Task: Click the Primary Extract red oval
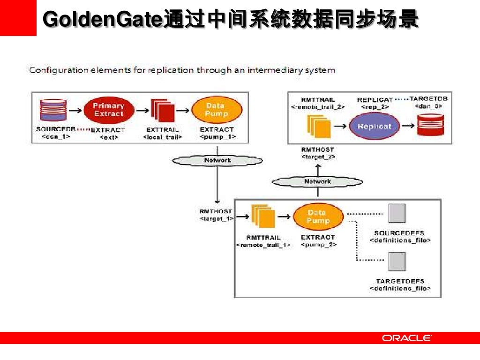(x=109, y=110)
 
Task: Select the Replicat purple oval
(x=374, y=126)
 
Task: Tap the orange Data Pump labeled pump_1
(x=217, y=110)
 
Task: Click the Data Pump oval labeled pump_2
(x=318, y=217)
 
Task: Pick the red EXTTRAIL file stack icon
(x=162, y=111)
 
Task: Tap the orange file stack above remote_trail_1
(x=263, y=216)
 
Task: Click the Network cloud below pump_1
(x=217, y=161)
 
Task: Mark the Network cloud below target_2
(x=317, y=181)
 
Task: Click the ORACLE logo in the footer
(x=406, y=338)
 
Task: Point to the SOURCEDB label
(x=56, y=129)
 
